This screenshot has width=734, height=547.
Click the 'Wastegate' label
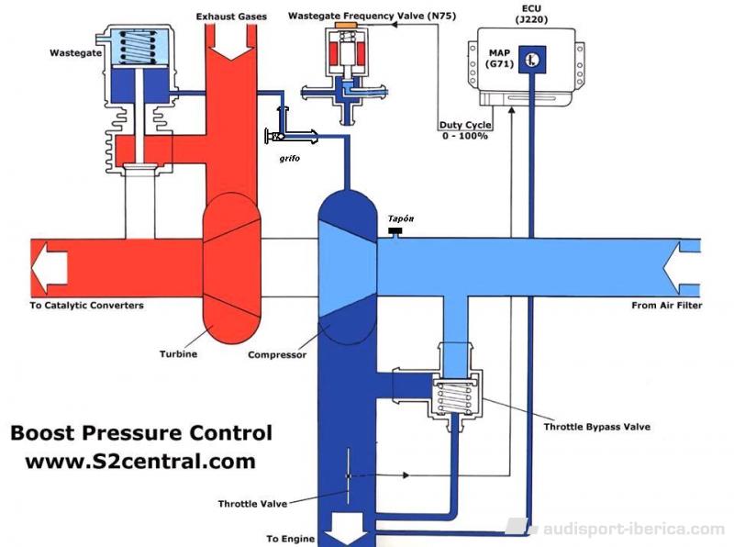click(x=75, y=53)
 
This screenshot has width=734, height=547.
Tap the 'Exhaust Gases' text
click(x=231, y=17)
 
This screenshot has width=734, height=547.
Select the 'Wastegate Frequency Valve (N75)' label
click(x=372, y=16)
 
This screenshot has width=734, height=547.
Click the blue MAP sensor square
click(x=532, y=60)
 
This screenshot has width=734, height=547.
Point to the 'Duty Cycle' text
click(x=465, y=125)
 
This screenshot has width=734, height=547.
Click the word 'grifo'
click(x=289, y=158)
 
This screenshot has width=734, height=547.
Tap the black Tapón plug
click(x=395, y=231)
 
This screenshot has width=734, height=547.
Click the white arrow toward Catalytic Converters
click(x=50, y=268)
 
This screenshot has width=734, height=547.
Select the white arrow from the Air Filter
click(x=682, y=267)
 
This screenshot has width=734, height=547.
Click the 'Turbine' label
click(x=178, y=354)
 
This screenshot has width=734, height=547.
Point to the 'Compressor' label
click(x=277, y=355)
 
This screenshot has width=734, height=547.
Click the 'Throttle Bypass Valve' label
click(x=597, y=427)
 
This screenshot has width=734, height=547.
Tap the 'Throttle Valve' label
click(x=252, y=504)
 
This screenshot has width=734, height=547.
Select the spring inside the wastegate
click(x=139, y=48)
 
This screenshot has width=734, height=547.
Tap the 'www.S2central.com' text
click(x=140, y=462)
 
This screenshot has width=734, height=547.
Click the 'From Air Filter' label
click(x=667, y=306)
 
